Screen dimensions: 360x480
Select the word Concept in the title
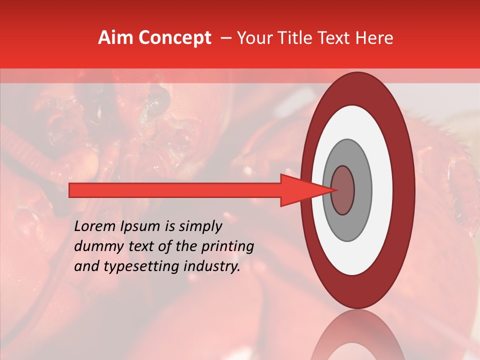point(175,38)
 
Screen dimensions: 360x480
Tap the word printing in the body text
point(227,247)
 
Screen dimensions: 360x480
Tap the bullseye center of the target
point(343,190)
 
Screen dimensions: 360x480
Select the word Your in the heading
point(251,38)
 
